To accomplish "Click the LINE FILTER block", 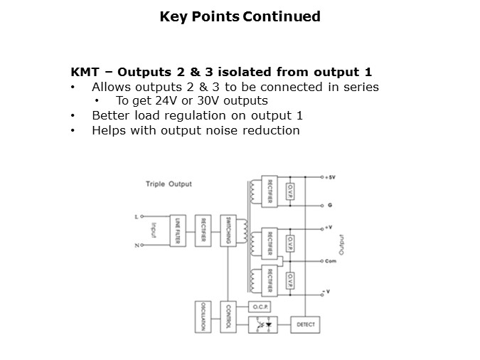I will [176, 231].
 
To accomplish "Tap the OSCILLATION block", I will [203, 317].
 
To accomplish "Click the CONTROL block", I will [227, 317].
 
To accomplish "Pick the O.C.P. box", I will [258, 307].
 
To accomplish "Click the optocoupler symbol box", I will [262, 324].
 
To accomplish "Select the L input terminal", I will [135, 216].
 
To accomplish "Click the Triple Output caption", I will [169, 184].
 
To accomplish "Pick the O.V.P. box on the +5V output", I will [289, 191].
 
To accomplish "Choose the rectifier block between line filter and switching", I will [202, 231].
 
